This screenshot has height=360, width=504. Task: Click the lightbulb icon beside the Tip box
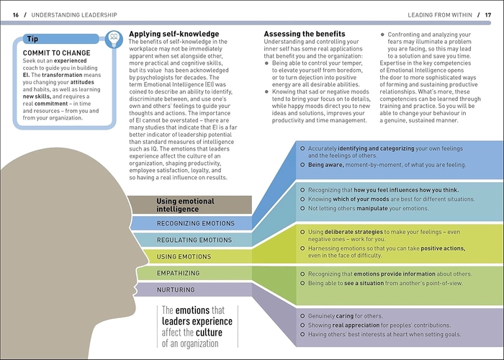pyautogui.click(x=114, y=39)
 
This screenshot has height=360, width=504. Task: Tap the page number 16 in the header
pyautogui.click(x=16, y=15)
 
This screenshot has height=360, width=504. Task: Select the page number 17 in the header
pyautogui.click(x=488, y=15)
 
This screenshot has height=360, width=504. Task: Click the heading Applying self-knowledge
pyautogui.click(x=174, y=34)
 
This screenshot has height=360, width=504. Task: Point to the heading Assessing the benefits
pyautogui.click(x=305, y=34)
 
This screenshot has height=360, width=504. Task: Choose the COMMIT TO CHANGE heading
pyautogui.click(x=57, y=53)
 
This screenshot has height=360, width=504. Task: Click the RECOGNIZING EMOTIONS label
pyautogui.click(x=195, y=223)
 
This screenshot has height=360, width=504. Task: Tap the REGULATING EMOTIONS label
pyautogui.click(x=194, y=240)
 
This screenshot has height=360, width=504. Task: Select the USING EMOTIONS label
pyautogui.click(x=184, y=257)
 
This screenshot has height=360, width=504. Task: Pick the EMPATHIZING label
pyautogui.click(x=178, y=273)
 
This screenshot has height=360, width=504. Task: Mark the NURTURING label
pyautogui.click(x=176, y=290)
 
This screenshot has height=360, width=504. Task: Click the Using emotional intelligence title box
pyautogui.click(x=189, y=204)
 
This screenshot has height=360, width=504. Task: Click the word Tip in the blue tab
pyautogui.click(x=32, y=39)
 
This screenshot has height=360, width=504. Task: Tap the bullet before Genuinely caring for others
pyautogui.click(x=302, y=316)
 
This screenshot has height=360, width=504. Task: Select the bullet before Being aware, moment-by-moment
pyautogui.click(x=302, y=165)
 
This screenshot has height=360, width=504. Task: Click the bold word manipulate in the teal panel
pyautogui.click(x=372, y=208)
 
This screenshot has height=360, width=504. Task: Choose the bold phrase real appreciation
pyautogui.click(x=351, y=325)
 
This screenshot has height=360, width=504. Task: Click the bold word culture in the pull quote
pyautogui.click(x=210, y=333)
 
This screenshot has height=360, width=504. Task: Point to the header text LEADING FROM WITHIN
pyautogui.click(x=440, y=15)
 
